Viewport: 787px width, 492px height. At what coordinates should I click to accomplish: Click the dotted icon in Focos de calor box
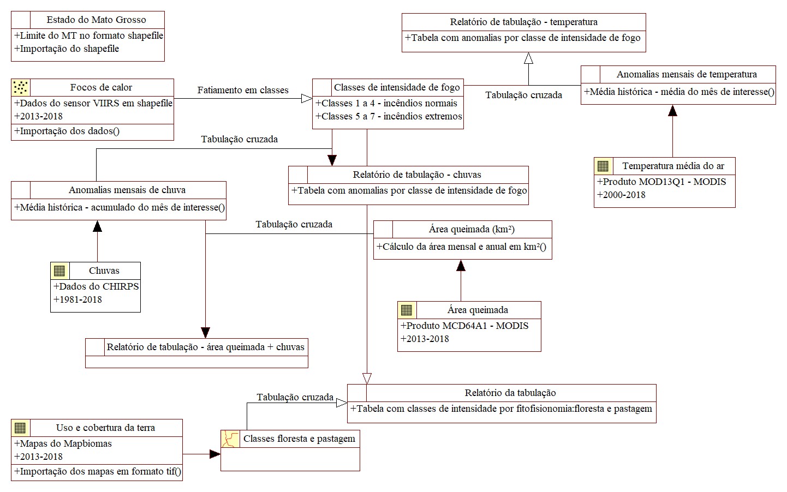(x=21, y=87)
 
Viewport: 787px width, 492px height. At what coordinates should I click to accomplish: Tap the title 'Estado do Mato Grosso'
(x=96, y=20)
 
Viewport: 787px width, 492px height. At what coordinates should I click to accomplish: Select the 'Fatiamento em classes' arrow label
(x=243, y=90)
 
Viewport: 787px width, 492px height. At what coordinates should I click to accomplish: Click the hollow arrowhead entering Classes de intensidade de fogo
(x=307, y=99)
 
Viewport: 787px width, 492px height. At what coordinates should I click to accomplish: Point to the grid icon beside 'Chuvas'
(x=60, y=271)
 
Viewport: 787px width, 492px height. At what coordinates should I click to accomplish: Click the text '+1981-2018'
(x=78, y=299)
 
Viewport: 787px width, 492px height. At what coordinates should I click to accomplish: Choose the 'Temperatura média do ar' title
(x=673, y=166)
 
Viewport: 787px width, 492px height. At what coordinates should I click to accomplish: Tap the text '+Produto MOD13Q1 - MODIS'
(x=661, y=182)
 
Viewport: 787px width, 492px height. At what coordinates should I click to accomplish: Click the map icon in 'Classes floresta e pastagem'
(x=230, y=439)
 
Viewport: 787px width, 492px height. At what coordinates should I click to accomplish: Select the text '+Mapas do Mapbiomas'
(x=63, y=443)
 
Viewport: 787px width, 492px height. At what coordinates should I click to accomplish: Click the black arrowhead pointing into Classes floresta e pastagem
(x=215, y=454)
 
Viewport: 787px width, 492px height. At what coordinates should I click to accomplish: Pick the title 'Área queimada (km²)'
(x=472, y=229)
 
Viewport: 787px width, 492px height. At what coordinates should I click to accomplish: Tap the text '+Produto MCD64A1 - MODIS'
(x=464, y=326)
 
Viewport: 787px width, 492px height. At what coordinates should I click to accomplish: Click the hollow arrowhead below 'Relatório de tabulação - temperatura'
(x=528, y=58)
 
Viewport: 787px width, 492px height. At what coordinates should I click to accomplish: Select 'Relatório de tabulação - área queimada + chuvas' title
(x=205, y=347)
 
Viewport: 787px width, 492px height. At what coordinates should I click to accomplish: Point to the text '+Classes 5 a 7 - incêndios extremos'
(x=389, y=116)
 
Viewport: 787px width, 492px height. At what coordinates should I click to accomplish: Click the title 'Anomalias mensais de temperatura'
(x=686, y=74)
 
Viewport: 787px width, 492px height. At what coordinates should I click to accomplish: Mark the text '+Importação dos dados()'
(x=67, y=131)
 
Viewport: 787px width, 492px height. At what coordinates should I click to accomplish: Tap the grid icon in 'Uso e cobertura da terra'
(x=21, y=428)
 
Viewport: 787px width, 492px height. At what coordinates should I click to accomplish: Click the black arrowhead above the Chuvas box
(x=98, y=226)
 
